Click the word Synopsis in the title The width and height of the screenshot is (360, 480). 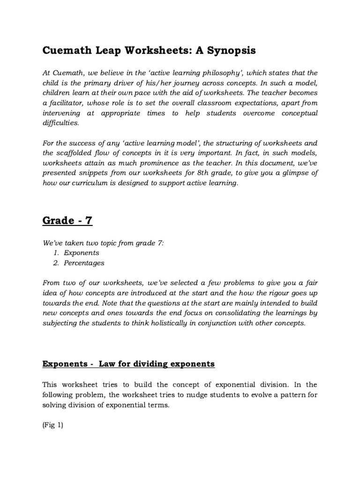pos(222,50)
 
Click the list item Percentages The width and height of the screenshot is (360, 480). pos(84,263)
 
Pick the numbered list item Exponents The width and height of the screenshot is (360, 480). pos(82,253)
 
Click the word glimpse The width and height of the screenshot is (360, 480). pos(292,173)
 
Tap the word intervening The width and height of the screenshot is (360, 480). pos(62,113)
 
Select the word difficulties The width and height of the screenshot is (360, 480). pos(61,123)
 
